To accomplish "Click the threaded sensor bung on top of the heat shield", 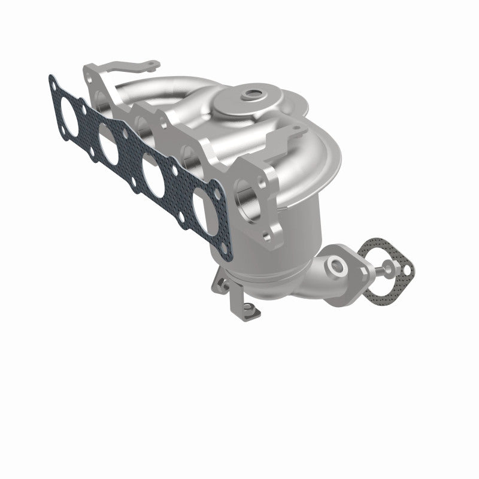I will [249, 95].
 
